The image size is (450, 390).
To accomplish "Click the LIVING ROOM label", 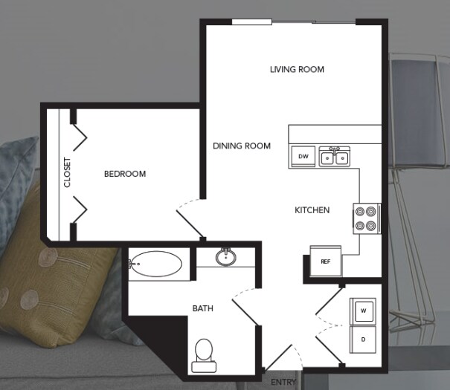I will [297, 70].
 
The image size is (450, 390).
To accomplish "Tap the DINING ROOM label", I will [241, 146].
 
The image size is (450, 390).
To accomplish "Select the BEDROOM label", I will [124, 174].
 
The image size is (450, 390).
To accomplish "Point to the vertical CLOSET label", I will [67, 172].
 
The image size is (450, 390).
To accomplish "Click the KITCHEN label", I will [312, 210].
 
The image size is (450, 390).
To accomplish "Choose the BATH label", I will [203, 308].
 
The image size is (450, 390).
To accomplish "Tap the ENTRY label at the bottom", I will [283, 382].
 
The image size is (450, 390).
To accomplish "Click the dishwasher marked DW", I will [303, 157].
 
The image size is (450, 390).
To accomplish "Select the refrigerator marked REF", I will [325, 261].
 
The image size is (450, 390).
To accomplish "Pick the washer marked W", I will [363, 311].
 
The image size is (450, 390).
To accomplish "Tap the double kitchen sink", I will [335, 157].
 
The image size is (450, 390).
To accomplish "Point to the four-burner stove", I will [366, 218].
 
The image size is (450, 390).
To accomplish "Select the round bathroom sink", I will [225, 257].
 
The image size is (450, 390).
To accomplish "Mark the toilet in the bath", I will [202, 354].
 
